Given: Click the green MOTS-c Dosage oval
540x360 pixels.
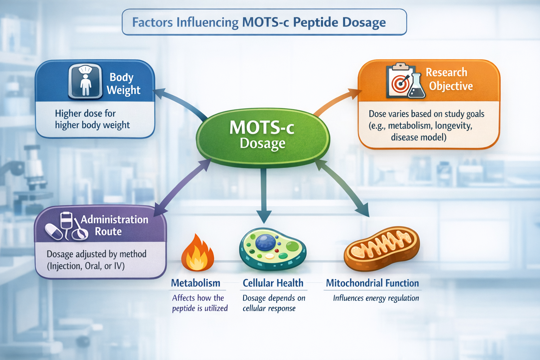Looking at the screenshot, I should (x=263, y=136).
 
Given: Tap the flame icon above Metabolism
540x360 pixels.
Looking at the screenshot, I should (x=198, y=254).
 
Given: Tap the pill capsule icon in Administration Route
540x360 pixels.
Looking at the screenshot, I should (x=54, y=232).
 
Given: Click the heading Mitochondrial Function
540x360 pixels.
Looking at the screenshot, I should (x=372, y=283).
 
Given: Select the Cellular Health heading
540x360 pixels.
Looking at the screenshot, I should (x=273, y=283).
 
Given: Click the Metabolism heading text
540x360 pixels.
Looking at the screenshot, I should (x=195, y=283).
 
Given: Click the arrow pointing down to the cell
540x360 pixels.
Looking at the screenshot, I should (x=264, y=197).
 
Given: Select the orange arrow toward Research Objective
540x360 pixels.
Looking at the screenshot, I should (x=337, y=102).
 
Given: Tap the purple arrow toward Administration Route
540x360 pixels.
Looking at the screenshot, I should (x=183, y=186).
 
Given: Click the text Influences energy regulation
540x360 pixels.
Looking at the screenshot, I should (x=376, y=298).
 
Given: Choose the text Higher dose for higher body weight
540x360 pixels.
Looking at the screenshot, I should (x=92, y=119).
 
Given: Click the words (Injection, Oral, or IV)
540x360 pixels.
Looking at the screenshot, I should (x=86, y=266).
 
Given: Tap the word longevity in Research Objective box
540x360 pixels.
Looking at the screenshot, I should (x=453, y=126).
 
